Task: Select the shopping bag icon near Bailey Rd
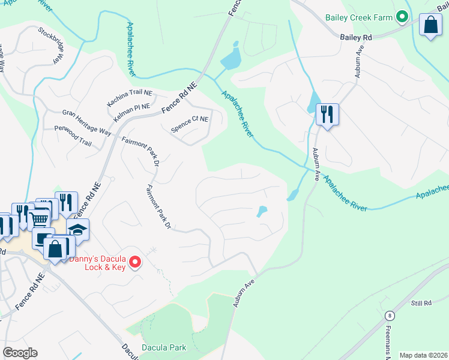click(x=430, y=25)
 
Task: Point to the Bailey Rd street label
click(x=356, y=37)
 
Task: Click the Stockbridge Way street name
click(x=50, y=45)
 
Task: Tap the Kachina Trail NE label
click(x=130, y=98)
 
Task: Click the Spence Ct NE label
click(x=189, y=119)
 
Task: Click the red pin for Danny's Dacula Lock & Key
click(x=136, y=261)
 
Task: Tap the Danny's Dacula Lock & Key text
click(x=98, y=263)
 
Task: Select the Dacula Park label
click(x=164, y=347)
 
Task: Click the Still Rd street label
click(x=421, y=304)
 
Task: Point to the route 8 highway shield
click(x=390, y=316)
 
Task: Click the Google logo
click(x=20, y=353)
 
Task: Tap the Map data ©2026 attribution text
click(x=423, y=355)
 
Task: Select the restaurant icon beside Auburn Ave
click(x=327, y=114)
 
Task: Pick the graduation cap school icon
click(x=77, y=230)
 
